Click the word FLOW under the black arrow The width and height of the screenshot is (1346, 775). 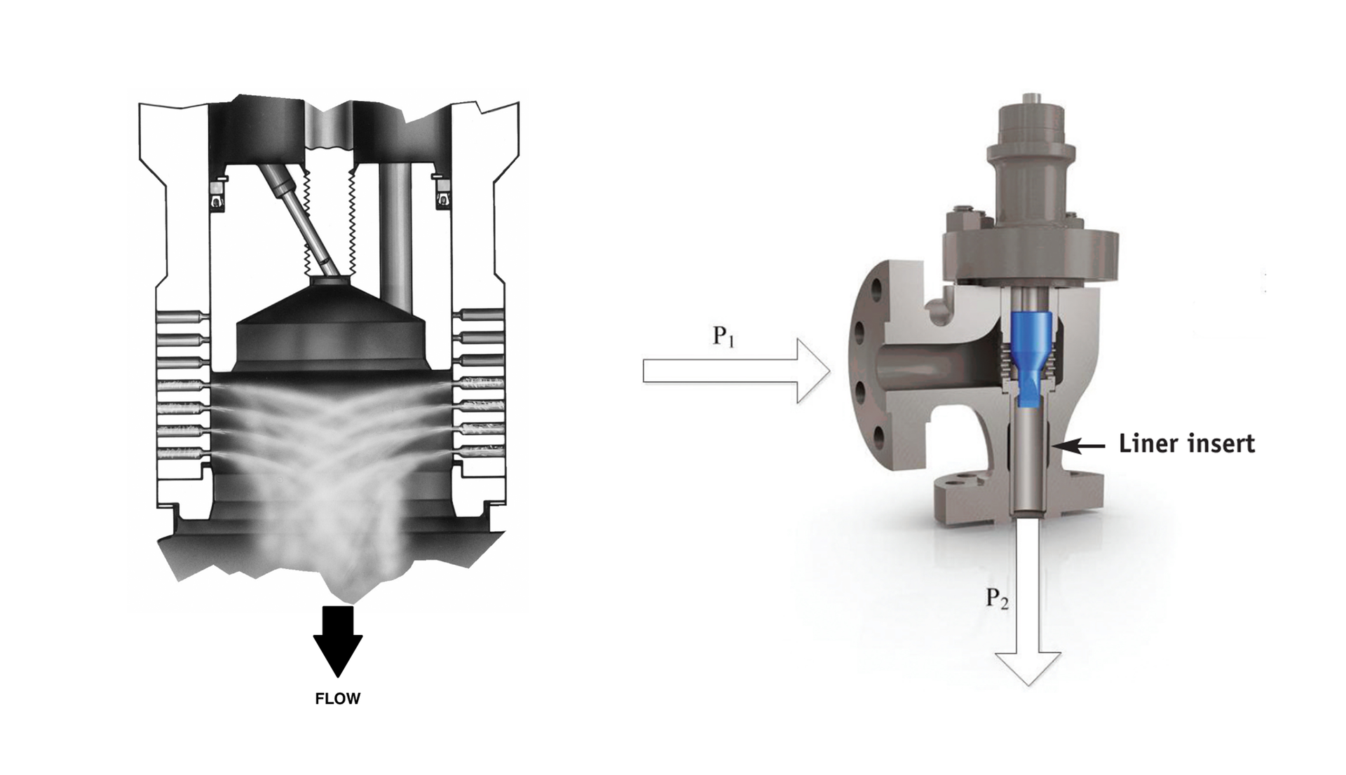[x=337, y=699]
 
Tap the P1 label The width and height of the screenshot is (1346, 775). [x=723, y=336]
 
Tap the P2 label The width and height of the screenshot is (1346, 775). [x=997, y=598]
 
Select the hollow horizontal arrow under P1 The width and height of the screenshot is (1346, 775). [x=736, y=371]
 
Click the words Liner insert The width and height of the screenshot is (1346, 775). [x=1186, y=444]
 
